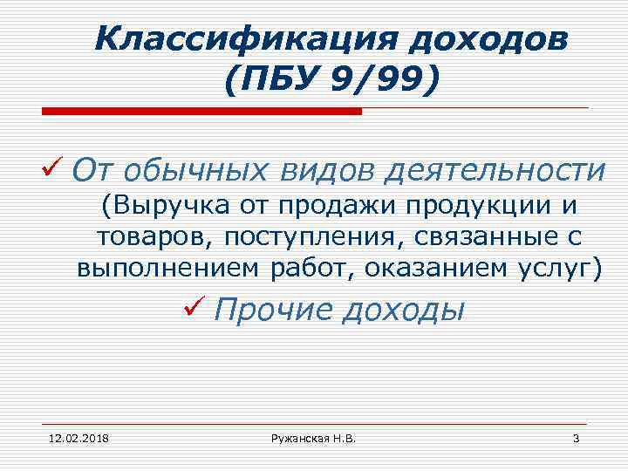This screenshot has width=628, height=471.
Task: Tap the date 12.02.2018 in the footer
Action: pos(73,437)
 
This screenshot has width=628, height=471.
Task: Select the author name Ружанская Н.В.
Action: pos(313,437)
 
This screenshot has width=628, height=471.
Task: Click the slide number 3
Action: pos(576,437)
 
